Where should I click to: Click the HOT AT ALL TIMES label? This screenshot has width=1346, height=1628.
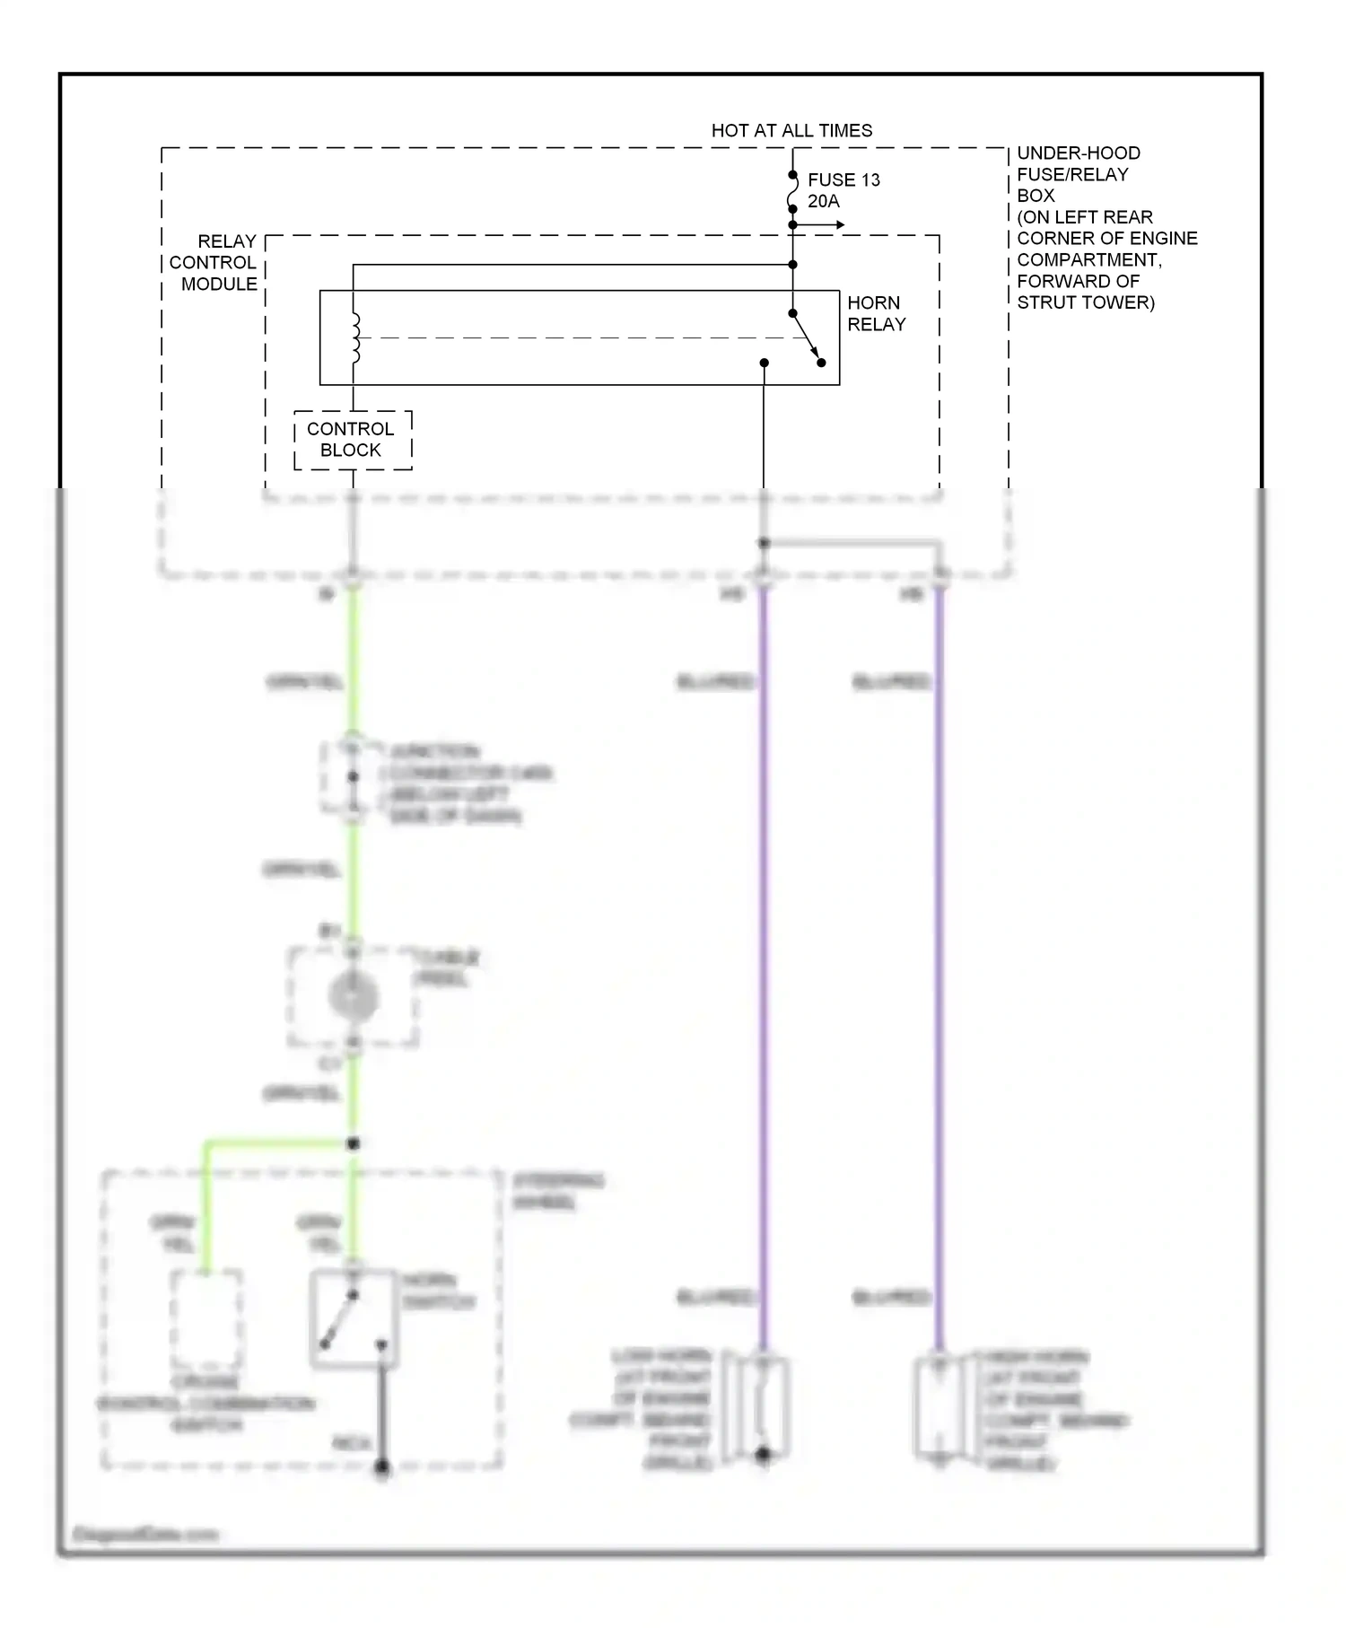pos(791,130)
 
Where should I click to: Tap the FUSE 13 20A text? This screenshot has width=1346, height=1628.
pos(843,190)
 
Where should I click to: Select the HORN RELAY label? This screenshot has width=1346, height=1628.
pos(876,313)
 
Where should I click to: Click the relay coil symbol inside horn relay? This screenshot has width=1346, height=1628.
pos(355,338)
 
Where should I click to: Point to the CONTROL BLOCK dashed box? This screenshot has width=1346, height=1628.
pos(353,440)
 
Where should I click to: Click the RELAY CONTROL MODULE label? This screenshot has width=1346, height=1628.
pos(215,263)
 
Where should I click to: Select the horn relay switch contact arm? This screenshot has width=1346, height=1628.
pos(807,338)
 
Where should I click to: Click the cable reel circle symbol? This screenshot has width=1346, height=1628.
pos(353,996)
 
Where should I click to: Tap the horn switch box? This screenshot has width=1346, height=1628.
pos(353,1317)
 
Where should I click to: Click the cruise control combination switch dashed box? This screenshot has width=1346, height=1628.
pos(206,1317)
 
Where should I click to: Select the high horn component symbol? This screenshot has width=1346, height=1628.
pos(939,1410)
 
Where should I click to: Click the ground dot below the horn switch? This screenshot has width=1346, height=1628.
pos(382,1468)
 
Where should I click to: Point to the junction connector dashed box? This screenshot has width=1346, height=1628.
pos(353,777)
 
